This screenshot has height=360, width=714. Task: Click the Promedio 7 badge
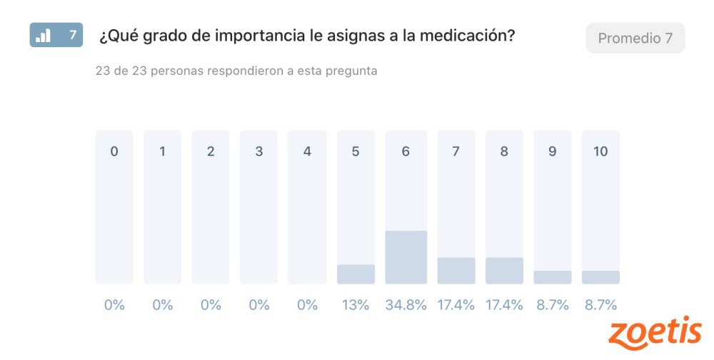[x=635, y=38]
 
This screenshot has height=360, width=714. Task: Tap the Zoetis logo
[x=655, y=334]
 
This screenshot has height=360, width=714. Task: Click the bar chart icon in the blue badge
[x=44, y=35]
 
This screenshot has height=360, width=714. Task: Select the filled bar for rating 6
[x=406, y=257]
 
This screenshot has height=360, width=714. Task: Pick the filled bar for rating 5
[x=356, y=274]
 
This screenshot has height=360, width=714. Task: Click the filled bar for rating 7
[x=456, y=271]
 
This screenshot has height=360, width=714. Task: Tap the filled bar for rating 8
[x=504, y=271]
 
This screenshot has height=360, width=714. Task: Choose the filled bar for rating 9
[x=553, y=277]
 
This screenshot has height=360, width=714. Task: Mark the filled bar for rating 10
[x=600, y=277]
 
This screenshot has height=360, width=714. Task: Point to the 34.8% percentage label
[x=406, y=305]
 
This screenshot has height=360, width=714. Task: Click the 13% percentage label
[x=356, y=305]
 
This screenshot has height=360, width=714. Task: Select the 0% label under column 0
[x=114, y=305]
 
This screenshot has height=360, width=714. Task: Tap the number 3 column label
[x=259, y=151]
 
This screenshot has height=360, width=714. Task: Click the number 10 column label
[x=600, y=151]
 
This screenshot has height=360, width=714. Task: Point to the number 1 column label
[x=162, y=151]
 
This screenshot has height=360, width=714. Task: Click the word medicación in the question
[x=462, y=36]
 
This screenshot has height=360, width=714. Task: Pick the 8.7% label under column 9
[x=553, y=305]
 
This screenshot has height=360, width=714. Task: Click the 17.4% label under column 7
[x=456, y=305]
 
